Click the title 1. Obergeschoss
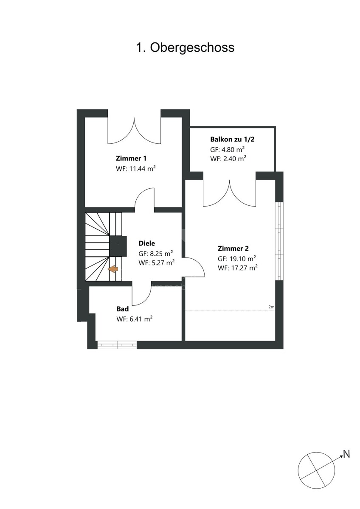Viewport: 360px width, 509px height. click(x=185, y=48)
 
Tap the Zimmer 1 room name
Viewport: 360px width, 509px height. click(x=131, y=158)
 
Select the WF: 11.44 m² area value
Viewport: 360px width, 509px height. click(x=136, y=168)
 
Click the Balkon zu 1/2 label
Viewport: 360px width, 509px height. click(x=232, y=139)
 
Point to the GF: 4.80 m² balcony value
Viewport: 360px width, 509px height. click(x=228, y=149)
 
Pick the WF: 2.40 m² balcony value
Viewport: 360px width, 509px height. click(x=228, y=158)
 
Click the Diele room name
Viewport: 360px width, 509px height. click(x=147, y=243)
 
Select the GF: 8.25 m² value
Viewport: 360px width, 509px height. click(x=156, y=253)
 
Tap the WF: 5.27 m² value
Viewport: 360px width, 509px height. click(x=157, y=263)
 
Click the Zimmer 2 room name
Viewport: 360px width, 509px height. click(x=233, y=249)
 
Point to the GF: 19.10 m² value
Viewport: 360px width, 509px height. click(x=237, y=259)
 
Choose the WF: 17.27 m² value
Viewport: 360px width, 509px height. click(x=238, y=268)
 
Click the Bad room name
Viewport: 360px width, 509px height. click(x=123, y=309)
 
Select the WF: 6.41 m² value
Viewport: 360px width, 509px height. click(x=135, y=319)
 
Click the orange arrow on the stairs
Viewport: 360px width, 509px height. click(x=113, y=269)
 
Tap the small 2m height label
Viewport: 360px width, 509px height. click(x=271, y=307)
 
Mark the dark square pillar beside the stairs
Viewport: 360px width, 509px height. click(x=118, y=246)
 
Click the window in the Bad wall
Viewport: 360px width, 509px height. click(x=117, y=345)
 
